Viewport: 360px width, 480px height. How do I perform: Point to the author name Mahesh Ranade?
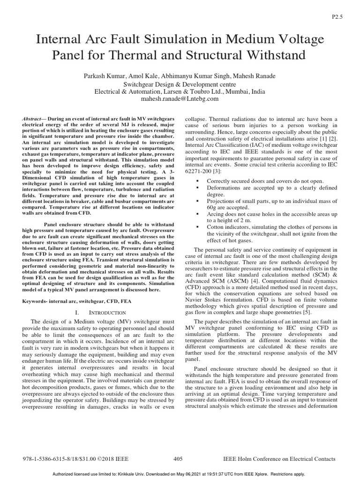coord(259,76)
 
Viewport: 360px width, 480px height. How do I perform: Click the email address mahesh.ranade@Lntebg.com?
coord(180,99)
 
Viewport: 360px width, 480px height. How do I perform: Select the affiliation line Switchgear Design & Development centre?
coord(180,84)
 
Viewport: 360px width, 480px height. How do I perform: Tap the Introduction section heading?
coord(108,312)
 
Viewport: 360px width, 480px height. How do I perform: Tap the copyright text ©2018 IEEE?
coord(115,459)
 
